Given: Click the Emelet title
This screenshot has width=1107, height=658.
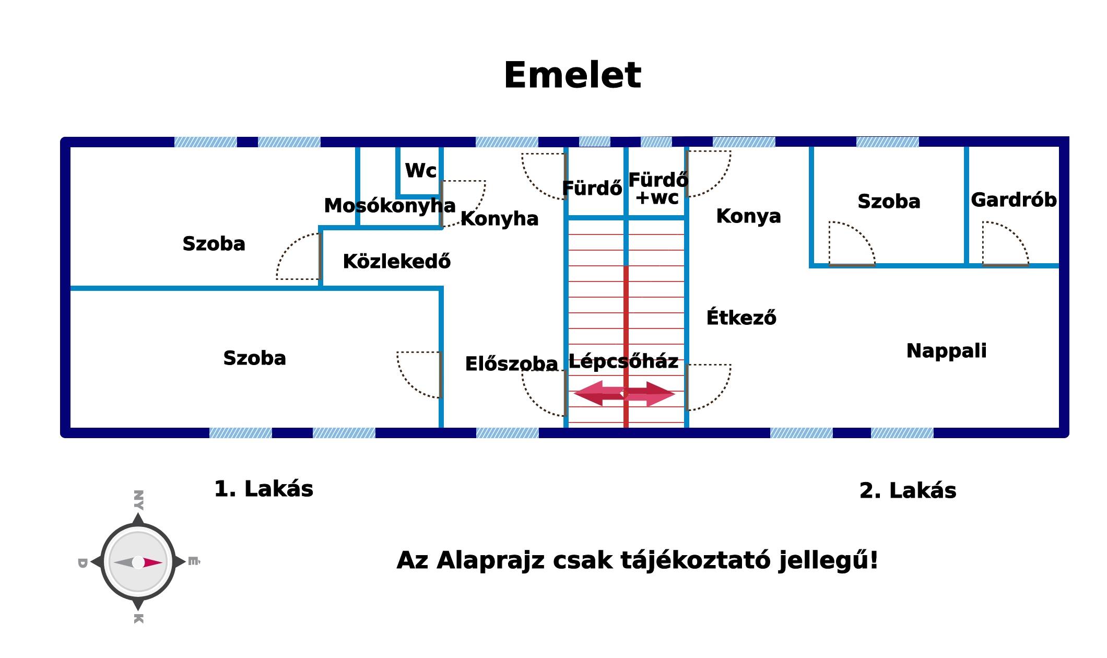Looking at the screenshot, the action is click(x=572, y=75).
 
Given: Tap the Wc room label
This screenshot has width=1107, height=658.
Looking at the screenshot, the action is click(x=421, y=171).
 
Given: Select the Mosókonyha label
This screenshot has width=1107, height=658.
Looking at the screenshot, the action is click(x=390, y=206).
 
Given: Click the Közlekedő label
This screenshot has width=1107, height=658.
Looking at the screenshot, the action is click(x=396, y=261).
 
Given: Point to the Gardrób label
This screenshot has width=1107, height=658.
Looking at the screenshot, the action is click(x=1014, y=200).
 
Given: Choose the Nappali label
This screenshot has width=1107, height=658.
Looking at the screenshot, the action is click(x=947, y=351).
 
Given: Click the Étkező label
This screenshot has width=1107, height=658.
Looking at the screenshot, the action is click(x=741, y=317).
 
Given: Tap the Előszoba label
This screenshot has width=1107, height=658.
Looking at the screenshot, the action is click(x=511, y=363).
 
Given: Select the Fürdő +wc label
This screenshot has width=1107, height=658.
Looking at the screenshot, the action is click(x=658, y=189).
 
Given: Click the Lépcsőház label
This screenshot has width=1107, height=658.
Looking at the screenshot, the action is click(x=623, y=361).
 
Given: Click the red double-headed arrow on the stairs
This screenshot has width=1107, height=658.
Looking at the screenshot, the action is click(x=625, y=393).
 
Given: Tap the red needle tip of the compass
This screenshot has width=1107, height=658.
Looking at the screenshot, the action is click(x=162, y=562).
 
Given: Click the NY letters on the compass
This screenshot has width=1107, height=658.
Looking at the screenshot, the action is click(x=138, y=500).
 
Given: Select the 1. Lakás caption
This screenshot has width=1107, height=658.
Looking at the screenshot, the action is click(x=264, y=489).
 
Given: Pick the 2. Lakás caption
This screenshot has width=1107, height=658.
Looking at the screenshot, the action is click(x=908, y=491).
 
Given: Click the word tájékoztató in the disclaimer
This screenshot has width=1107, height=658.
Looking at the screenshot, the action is click(x=695, y=560).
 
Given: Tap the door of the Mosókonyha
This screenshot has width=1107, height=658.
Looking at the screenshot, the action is click(x=463, y=204).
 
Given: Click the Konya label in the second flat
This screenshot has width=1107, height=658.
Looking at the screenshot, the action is click(x=748, y=216).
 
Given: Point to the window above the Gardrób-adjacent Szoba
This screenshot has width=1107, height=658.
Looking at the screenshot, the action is click(x=887, y=142).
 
